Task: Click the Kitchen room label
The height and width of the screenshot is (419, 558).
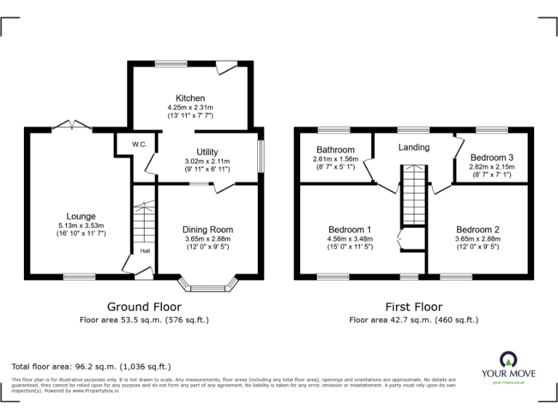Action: [x=190, y=98]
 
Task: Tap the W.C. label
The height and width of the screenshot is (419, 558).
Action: [x=139, y=145]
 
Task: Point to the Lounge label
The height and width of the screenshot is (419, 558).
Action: [x=81, y=216]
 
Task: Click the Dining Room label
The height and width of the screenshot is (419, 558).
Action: [x=208, y=230]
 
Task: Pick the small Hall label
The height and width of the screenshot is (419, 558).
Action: [x=145, y=252]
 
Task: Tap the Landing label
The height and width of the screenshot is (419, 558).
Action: [x=413, y=147]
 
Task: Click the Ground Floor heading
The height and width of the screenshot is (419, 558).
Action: [x=144, y=307]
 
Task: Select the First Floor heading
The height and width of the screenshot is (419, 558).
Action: [x=413, y=307]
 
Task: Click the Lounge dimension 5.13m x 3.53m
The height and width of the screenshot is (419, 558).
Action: [x=81, y=226]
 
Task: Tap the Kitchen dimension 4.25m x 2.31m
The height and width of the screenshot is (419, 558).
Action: [x=190, y=108]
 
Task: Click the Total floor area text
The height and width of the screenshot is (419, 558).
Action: [x=92, y=367]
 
